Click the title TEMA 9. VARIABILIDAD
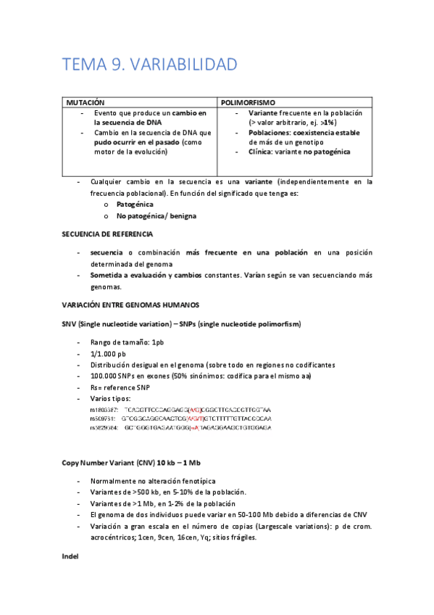[149, 65]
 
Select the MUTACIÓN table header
[85, 104]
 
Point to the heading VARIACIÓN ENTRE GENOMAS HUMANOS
[130, 305]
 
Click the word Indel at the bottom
[70, 556]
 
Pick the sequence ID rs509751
[103, 418]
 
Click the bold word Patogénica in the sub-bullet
[135, 205]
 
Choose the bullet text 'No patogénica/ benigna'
[156, 216]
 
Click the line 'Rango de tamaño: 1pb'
[127, 342]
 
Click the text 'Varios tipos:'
[111, 399]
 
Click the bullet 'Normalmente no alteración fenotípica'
[153, 481]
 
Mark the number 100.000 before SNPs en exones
[106, 376]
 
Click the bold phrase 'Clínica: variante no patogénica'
[299, 152]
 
